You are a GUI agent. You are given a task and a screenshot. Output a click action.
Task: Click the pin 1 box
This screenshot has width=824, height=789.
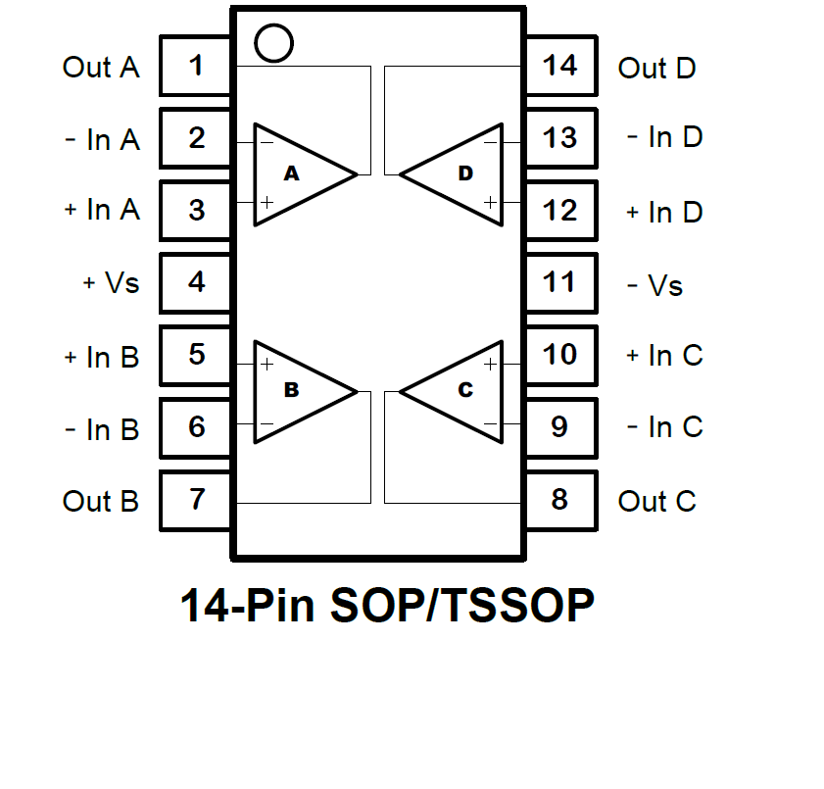point(197,67)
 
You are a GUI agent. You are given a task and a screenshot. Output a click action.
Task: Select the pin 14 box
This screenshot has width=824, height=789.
point(559,67)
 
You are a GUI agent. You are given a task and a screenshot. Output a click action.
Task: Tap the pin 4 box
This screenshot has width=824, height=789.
point(197,282)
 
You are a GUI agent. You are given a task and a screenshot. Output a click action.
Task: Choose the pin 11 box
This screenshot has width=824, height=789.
point(559,282)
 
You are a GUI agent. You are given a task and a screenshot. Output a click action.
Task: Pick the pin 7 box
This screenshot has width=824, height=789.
point(197,499)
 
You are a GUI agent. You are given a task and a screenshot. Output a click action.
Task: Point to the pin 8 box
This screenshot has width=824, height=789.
point(559,499)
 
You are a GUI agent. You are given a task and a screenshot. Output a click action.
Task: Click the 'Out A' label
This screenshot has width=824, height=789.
point(101,68)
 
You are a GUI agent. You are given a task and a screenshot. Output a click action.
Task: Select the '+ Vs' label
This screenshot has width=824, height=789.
point(111,283)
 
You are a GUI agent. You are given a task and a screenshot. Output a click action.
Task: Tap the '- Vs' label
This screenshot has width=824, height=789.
point(654,286)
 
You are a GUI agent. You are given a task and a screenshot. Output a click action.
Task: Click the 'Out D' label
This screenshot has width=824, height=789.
point(656,69)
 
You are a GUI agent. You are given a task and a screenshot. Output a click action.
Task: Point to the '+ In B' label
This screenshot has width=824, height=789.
point(101,358)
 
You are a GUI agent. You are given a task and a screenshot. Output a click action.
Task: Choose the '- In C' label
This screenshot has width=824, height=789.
point(664,427)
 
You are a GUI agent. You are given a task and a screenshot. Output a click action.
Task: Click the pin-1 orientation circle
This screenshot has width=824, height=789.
point(272,41)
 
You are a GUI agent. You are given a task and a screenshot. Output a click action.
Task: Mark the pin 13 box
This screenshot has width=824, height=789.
point(559,138)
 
